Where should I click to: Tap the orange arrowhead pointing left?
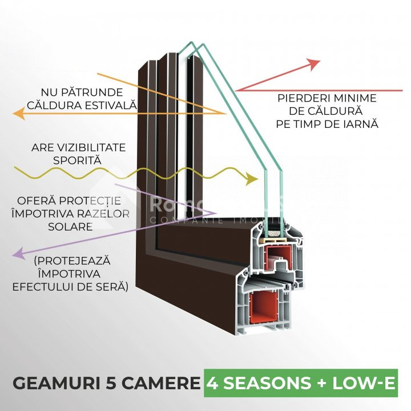[x=18, y=115]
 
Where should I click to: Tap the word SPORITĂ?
[x=77, y=160]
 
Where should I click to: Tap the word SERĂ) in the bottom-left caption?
[x=110, y=285]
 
